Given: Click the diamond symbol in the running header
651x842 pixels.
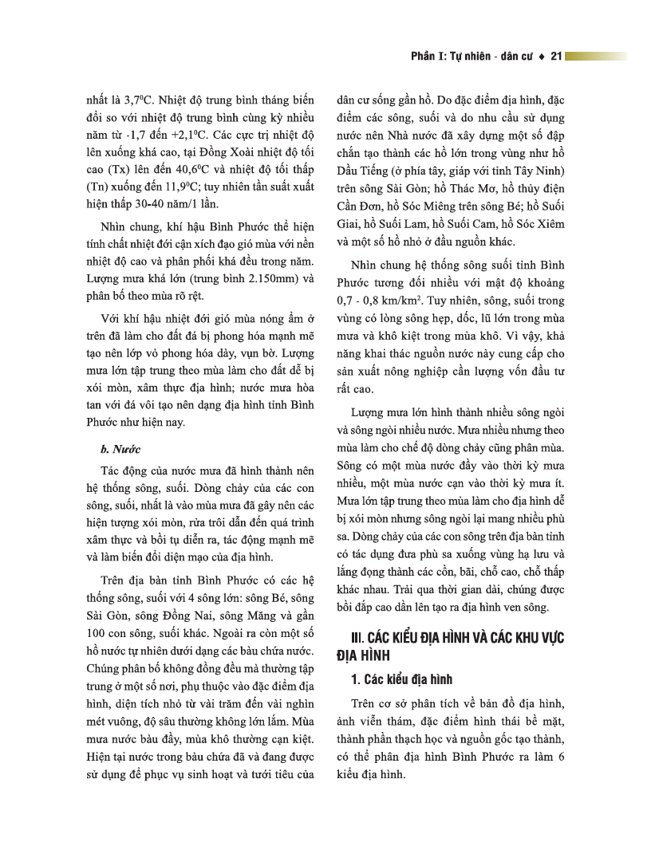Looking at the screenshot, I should click(x=542, y=57).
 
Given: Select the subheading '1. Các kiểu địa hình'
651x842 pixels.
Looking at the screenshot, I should click(x=402, y=679).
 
